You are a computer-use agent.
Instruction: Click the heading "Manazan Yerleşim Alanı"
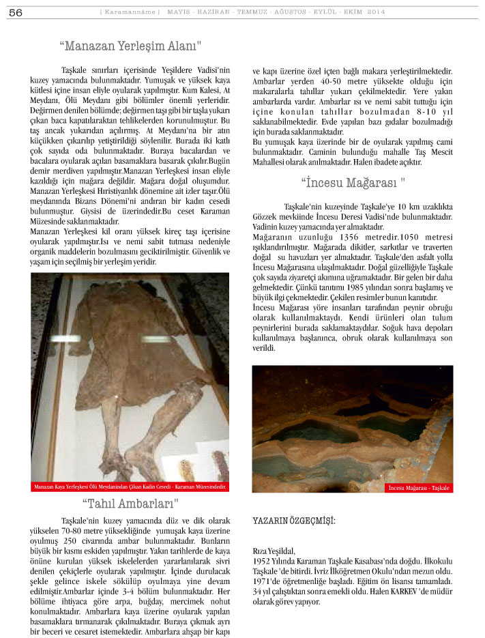point(130,46)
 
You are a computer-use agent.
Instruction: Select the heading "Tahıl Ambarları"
point(130,504)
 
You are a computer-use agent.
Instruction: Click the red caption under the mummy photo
point(130,487)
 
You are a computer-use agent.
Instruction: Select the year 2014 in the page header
point(375,12)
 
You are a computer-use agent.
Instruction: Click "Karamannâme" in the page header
point(130,12)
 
